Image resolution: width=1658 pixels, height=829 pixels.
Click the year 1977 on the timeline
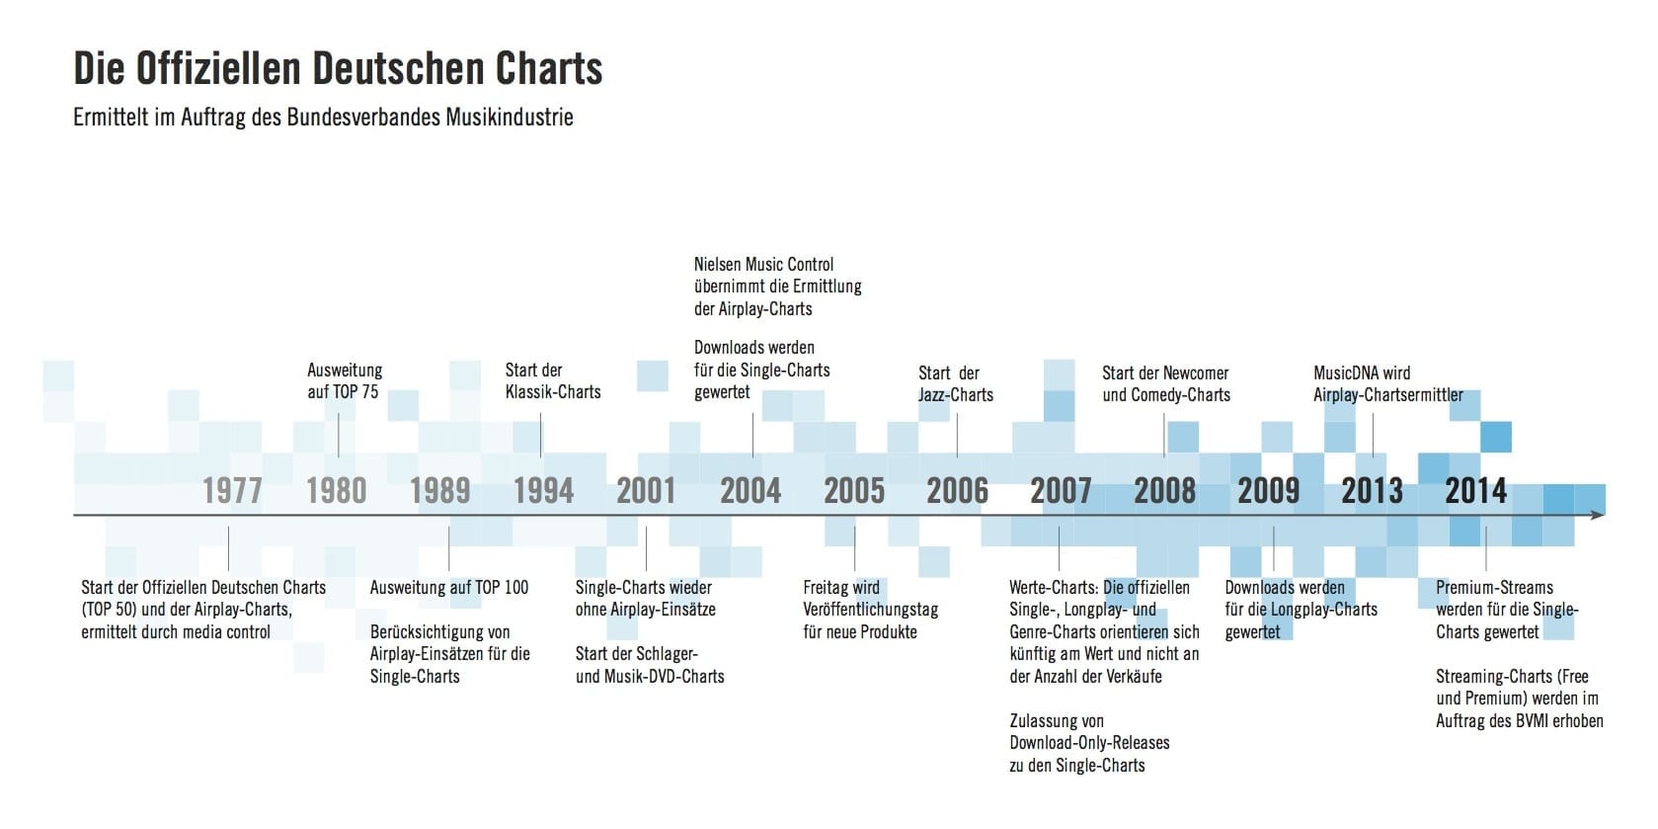point(232,490)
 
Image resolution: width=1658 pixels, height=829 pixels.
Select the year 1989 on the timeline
point(439,490)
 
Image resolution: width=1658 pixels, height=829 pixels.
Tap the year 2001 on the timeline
point(646,490)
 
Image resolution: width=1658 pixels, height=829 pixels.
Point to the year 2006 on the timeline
point(957,490)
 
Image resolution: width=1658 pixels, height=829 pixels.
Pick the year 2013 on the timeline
point(1372,490)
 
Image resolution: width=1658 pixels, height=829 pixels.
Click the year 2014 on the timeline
point(1475,490)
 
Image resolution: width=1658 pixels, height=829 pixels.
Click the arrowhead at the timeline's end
point(1597,515)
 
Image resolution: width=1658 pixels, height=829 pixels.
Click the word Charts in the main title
point(549,69)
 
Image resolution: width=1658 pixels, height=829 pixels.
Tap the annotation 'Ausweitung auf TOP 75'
point(344,381)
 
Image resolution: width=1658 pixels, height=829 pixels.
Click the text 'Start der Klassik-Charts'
point(552,381)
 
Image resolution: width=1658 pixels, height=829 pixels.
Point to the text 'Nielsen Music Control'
point(763,265)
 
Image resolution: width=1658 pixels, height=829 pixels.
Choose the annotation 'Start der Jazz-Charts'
point(955,383)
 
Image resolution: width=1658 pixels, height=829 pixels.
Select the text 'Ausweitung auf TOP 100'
point(448,588)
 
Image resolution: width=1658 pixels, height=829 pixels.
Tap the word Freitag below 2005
point(827,588)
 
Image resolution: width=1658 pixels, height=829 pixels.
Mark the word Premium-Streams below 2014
point(1494,588)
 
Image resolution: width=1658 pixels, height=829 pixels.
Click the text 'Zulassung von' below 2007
point(1057,721)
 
